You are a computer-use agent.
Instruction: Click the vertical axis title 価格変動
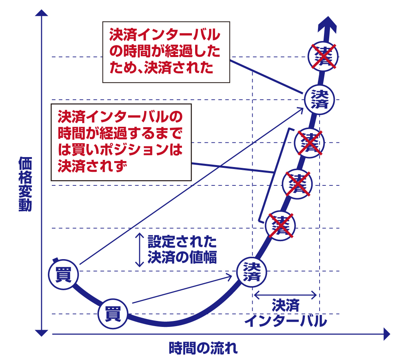(25, 184)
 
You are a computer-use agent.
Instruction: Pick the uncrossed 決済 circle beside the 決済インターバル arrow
(251, 271)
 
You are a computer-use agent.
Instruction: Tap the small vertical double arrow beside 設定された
(139, 250)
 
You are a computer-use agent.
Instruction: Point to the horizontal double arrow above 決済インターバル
(286, 295)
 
